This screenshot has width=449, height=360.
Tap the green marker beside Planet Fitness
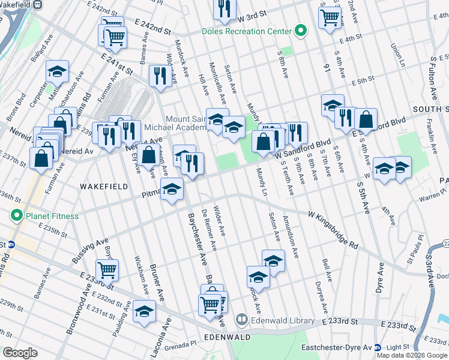(x=14, y=215)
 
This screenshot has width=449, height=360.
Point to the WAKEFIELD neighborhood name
(x=104, y=187)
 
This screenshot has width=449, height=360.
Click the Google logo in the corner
(x=20, y=353)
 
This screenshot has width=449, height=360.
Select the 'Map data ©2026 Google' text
(x=412, y=355)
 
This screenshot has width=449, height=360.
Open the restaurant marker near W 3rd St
(x=223, y=8)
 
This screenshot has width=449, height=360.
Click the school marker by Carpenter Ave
(x=56, y=72)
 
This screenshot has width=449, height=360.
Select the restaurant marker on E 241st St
(x=159, y=76)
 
